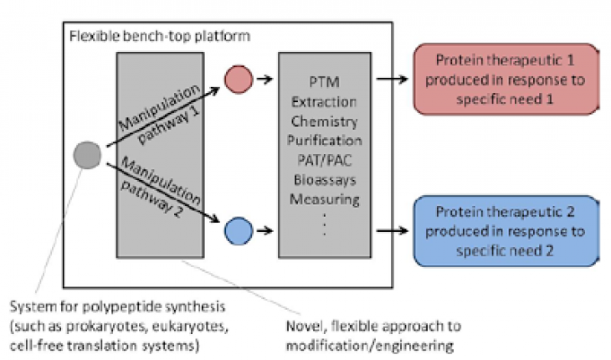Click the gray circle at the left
pos(87,155)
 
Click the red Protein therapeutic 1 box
pos(506,80)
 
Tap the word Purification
pos(324,140)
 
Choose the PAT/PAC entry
pos(324,159)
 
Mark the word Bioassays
pos(324,178)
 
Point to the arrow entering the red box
pos(393,80)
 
